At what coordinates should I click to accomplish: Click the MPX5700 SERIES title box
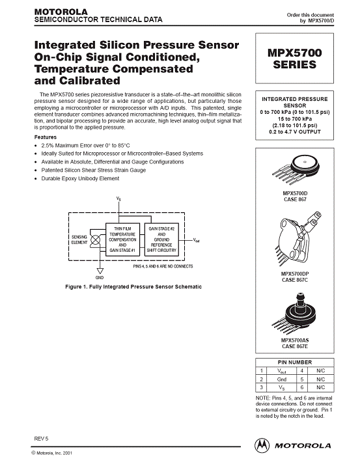294,59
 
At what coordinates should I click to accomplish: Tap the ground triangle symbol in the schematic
100,271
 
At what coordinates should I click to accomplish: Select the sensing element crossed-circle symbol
95,239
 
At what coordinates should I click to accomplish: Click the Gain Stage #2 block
161,239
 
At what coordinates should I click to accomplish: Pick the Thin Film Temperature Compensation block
122,239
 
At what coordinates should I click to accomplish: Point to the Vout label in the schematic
197,240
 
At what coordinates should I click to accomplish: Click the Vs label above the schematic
118,199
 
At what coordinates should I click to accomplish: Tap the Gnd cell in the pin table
281,379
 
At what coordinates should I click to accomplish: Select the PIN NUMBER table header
294,362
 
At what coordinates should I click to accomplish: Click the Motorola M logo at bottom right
262,445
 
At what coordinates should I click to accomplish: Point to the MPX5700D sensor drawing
296,169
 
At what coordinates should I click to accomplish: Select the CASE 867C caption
295,280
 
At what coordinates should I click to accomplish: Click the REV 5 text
41,439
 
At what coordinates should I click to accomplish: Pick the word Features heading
46,137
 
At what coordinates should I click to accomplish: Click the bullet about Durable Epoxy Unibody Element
80,178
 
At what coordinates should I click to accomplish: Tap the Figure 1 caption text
133,287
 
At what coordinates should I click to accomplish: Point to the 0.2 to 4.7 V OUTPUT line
294,131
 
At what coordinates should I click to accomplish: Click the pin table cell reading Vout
281,371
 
